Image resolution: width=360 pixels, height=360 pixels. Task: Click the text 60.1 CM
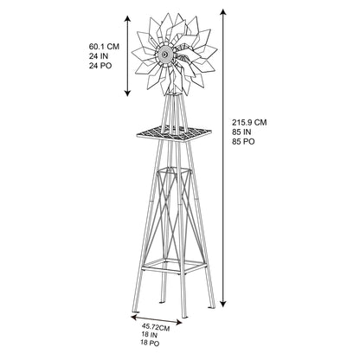(x=104, y=47)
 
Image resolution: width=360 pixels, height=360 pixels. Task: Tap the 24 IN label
(x=99, y=56)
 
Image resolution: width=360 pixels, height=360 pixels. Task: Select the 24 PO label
(x=100, y=66)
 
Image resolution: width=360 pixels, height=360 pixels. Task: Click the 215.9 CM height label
(x=249, y=122)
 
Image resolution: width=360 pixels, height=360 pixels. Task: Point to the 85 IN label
(x=241, y=132)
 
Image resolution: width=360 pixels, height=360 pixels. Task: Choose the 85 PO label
(x=243, y=142)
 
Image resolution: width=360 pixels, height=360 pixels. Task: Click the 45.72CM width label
(x=156, y=328)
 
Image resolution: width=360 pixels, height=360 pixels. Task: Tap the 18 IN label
(x=149, y=335)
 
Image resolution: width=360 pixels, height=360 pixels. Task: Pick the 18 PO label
(x=150, y=344)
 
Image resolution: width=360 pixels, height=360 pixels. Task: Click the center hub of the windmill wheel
(x=164, y=54)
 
